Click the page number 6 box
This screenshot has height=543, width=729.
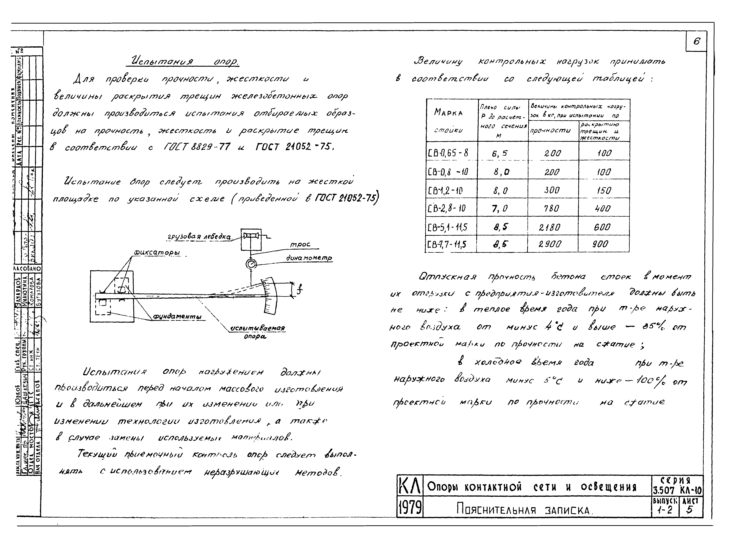point(696,41)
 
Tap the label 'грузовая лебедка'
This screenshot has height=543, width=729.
point(199,237)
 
